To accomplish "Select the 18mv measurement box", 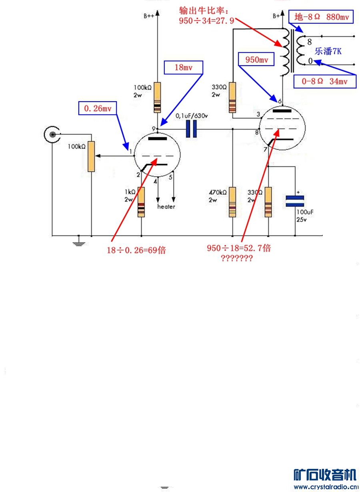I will pos(184,68).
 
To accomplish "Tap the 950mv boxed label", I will pos(256,60).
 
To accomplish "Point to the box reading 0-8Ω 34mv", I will pos(325,82).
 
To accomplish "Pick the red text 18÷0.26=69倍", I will pos(136,251).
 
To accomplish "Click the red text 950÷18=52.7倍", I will pos(239,248).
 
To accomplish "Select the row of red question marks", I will pos(236,258).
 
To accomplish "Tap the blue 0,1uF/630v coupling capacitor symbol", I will pos(192,129).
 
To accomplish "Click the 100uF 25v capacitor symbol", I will pos(295,201).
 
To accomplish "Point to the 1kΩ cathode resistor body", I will pos(141,202).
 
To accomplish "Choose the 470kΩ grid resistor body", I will pos(232,202).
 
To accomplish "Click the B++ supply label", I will pos(149,16).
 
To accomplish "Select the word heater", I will pos(166,207).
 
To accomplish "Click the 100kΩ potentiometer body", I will pos(92,156).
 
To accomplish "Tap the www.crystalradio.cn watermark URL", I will pos(325,487).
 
